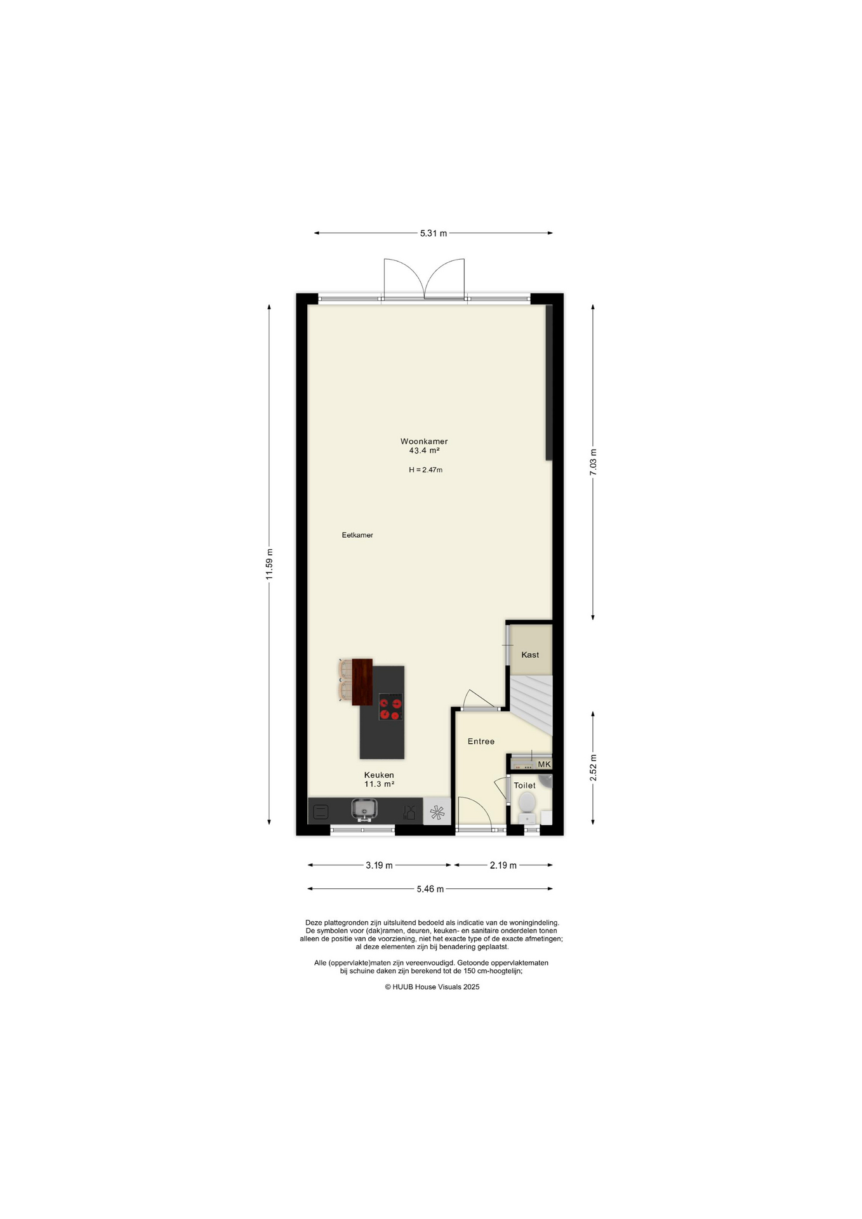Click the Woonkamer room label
tap(424, 441)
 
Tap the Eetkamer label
tap(357, 535)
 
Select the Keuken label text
tap(379, 775)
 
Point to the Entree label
tap(481, 742)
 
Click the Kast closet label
tap(530, 655)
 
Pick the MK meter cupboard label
tap(545, 764)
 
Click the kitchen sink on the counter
tap(364, 809)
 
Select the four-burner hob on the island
tap(391, 707)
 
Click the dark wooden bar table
tap(362, 682)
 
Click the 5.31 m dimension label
tap(434, 233)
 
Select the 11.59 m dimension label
tap(269, 564)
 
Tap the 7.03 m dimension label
tap(593, 462)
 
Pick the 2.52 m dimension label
tap(593, 768)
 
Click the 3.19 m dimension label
tap(379, 865)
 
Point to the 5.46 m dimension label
tap(430, 889)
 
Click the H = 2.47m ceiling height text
tap(425, 470)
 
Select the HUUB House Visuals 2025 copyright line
tap(432, 987)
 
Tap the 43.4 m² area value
tap(424, 451)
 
